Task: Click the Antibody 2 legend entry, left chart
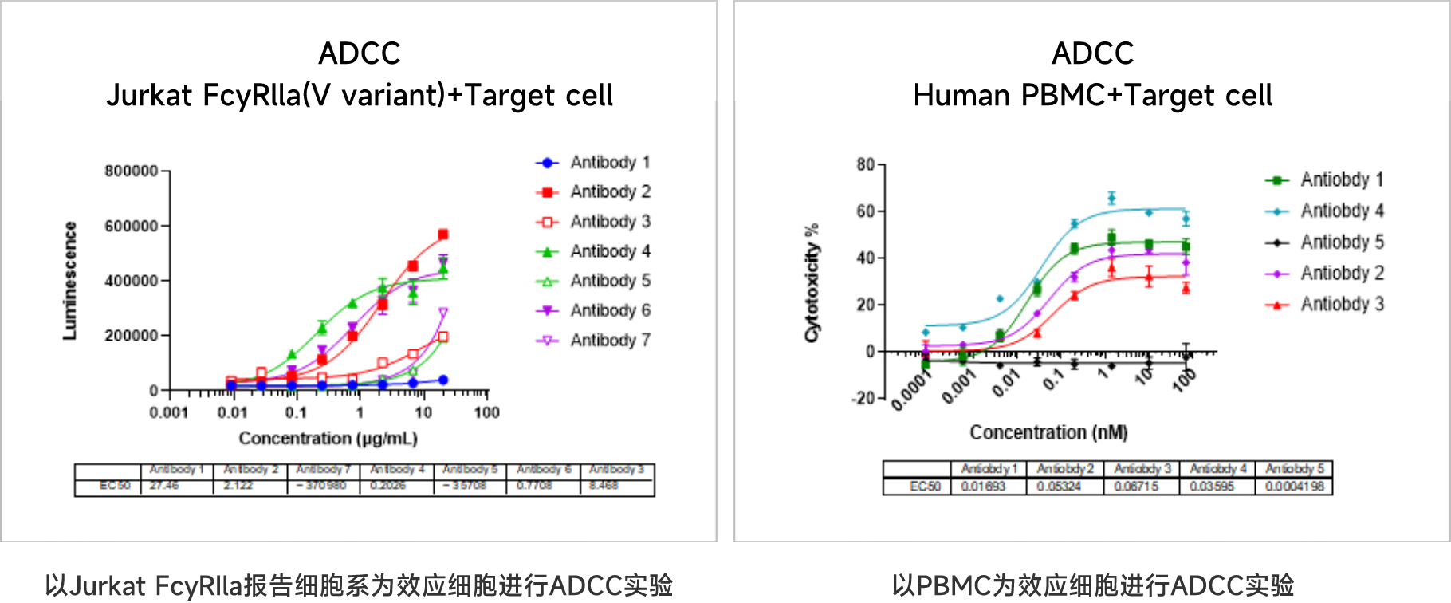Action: [x=610, y=192]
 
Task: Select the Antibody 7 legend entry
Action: [x=610, y=341]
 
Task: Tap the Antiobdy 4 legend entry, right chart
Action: [x=1342, y=211]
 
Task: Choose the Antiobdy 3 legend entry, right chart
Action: [x=1342, y=305]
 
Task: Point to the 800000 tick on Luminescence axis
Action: [x=132, y=171]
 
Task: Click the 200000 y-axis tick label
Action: [x=132, y=336]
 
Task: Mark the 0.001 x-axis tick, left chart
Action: [x=168, y=412]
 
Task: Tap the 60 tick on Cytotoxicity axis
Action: [x=866, y=211]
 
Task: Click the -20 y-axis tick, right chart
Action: [x=864, y=398]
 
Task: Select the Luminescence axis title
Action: [x=70, y=281]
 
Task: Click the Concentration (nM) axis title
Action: [x=1048, y=432]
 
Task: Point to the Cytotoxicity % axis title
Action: [x=812, y=283]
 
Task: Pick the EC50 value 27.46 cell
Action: [x=164, y=485]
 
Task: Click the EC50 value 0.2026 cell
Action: [x=388, y=485]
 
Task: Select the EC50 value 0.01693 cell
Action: [x=983, y=486]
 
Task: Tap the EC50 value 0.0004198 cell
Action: [x=1294, y=486]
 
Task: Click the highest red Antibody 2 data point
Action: [x=443, y=235]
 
